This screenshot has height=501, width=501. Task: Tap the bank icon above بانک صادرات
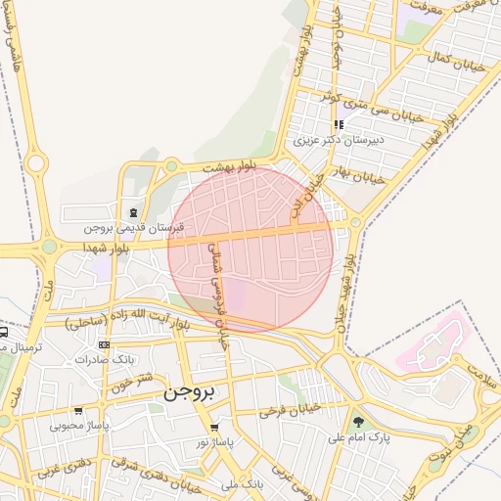(105, 344)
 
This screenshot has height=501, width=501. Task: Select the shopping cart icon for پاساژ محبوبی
(78, 411)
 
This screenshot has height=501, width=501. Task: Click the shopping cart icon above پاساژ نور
(214, 428)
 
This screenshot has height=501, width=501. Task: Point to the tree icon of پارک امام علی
(359, 423)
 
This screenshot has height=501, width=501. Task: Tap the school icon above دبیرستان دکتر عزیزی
(339, 125)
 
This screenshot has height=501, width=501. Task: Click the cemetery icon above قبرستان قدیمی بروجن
(132, 212)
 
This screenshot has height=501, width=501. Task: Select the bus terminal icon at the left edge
(4, 332)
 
